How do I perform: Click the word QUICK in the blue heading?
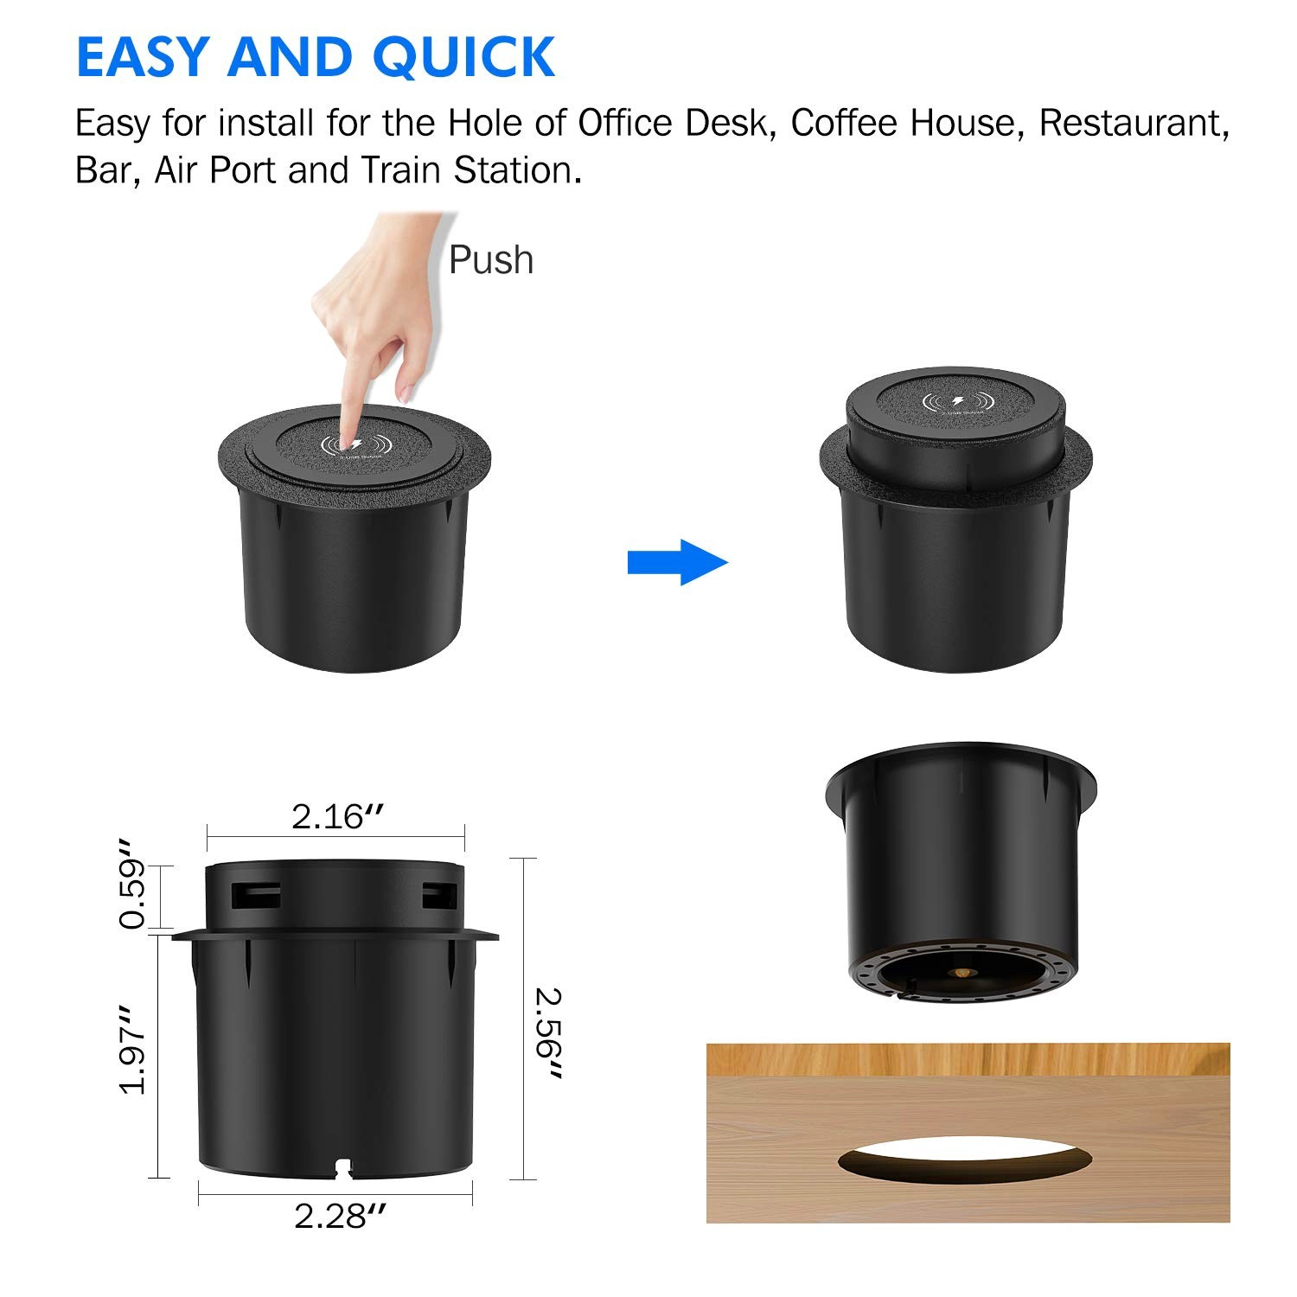pos(463,57)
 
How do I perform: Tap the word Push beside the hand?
pos(491,260)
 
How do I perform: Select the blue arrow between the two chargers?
pos(678,562)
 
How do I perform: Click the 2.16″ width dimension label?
pos(337,816)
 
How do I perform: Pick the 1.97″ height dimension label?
pos(132,1049)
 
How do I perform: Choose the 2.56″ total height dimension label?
pos(549,1033)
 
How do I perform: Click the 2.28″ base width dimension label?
pos(340,1216)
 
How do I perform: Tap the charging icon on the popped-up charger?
pos(956,402)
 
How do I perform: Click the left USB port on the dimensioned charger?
pos(257,894)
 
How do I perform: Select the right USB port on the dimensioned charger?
pos(437,894)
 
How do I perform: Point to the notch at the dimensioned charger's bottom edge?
pos(343,1170)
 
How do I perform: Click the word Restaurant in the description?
pos(1134,124)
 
